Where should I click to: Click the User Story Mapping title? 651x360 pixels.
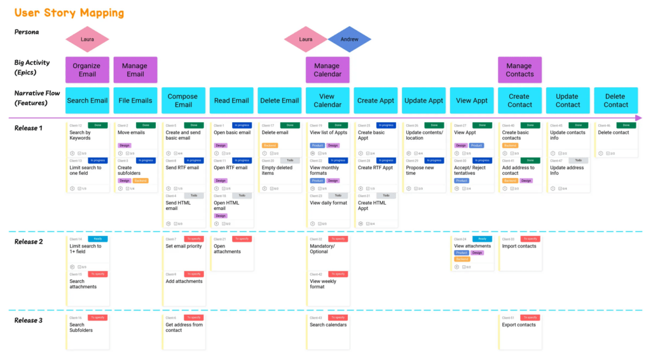[x=69, y=13]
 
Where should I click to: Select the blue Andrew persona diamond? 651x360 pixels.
[x=349, y=39]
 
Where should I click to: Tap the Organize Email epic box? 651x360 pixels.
[x=87, y=70]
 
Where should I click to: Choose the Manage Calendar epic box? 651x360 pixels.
[x=327, y=70]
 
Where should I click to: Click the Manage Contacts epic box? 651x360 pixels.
[x=519, y=70]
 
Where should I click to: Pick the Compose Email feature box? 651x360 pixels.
[x=183, y=100]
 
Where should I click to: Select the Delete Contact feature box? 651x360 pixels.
[x=615, y=100]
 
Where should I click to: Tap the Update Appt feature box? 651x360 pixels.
[x=423, y=100]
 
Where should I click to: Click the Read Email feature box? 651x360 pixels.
[x=231, y=100]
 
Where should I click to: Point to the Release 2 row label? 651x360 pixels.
[x=29, y=242]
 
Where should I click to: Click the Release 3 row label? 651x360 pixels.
[x=29, y=320]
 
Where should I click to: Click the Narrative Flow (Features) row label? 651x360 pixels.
[x=37, y=98]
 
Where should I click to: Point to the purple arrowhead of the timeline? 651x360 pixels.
[x=638, y=118]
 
